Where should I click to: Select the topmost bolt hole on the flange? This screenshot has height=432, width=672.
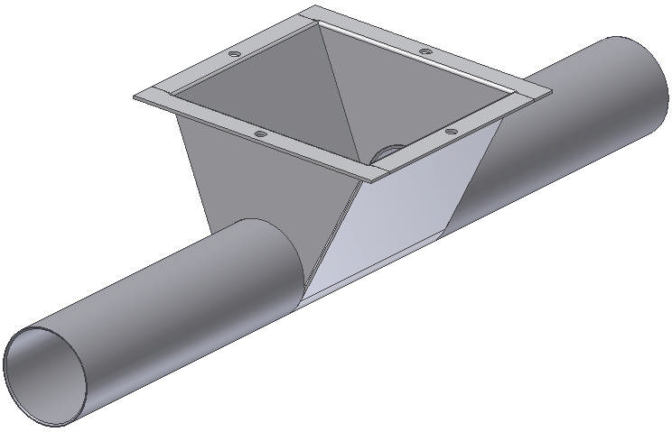pos(424,51)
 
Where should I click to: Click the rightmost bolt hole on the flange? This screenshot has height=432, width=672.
pos(449,133)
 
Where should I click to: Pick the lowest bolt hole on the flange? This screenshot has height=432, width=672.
pos(260,134)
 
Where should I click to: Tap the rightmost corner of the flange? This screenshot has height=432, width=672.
pos(549,90)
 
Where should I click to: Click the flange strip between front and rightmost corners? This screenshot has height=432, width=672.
pos(461,133)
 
